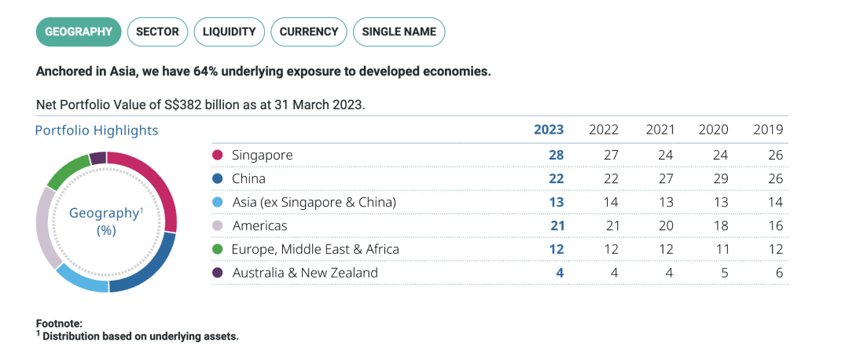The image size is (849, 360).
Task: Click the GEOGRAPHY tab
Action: [x=79, y=32]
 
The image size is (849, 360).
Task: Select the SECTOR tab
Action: [x=157, y=32]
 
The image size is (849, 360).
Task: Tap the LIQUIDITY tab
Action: [x=229, y=32]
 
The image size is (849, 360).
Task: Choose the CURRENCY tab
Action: [x=308, y=32]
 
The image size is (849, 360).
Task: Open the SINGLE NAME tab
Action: [x=399, y=32]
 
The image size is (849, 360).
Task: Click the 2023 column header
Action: [x=549, y=130]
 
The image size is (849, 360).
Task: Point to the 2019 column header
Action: [x=768, y=130]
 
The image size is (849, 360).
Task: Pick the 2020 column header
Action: [x=714, y=130]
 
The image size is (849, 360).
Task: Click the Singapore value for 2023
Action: [x=556, y=155]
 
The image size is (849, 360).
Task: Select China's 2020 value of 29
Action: [x=720, y=178]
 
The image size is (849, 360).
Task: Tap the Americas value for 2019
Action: [x=775, y=226]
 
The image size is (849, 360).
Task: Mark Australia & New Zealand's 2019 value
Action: [x=778, y=273]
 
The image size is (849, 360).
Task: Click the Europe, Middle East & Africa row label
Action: [x=315, y=249]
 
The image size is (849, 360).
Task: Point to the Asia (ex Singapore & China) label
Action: [x=314, y=202]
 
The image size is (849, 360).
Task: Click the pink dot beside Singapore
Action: [x=218, y=155]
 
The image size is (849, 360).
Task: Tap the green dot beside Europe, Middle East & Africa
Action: [x=218, y=249]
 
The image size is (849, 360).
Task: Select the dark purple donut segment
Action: [x=97, y=158]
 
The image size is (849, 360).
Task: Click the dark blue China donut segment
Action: [x=147, y=270]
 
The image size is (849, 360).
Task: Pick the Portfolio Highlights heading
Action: [x=97, y=130]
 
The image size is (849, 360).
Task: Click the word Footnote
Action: [x=59, y=323]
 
